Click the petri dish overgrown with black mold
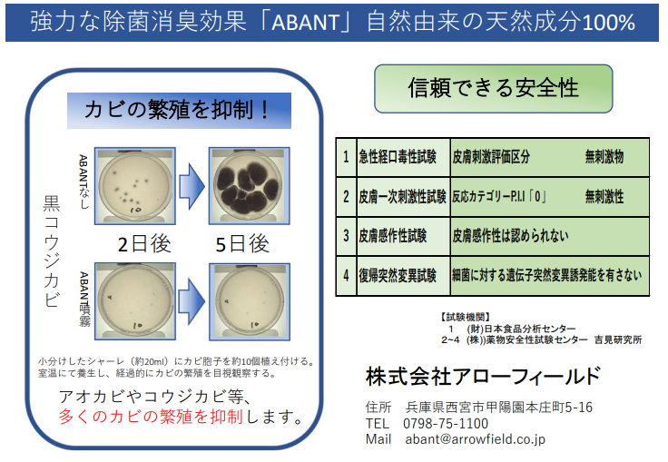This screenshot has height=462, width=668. click(x=250, y=186)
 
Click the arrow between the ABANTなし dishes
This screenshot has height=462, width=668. click(x=192, y=186)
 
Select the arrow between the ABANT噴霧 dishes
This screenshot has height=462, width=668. click(x=192, y=301)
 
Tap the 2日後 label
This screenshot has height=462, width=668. click(x=144, y=244)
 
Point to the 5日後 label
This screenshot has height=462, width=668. click(x=242, y=244)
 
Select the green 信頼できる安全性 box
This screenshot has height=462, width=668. click(x=494, y=88)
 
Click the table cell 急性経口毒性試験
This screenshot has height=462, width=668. click(x=398, y=157)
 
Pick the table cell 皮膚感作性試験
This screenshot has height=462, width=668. click(x=393, y=236)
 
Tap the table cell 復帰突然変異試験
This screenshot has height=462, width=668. click(x=398, y=275)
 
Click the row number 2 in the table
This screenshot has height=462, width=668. click(x=346, y=196)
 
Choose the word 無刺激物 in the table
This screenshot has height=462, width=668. click(x=604, y=157)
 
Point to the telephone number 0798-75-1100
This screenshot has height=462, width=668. click(x=446, y=424)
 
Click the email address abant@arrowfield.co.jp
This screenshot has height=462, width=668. click(x=475, y=439)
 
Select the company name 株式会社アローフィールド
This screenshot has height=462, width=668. click(x=483, y=377)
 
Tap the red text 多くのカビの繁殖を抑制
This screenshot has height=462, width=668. click(x=151, y=417)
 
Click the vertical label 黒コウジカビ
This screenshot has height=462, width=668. click(x=51, y=251)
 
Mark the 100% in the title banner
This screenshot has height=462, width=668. click(x=608, y=22)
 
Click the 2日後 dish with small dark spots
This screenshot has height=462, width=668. click(x=135, y=186)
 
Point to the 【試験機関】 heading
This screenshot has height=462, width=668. click(x=465, y=317)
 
